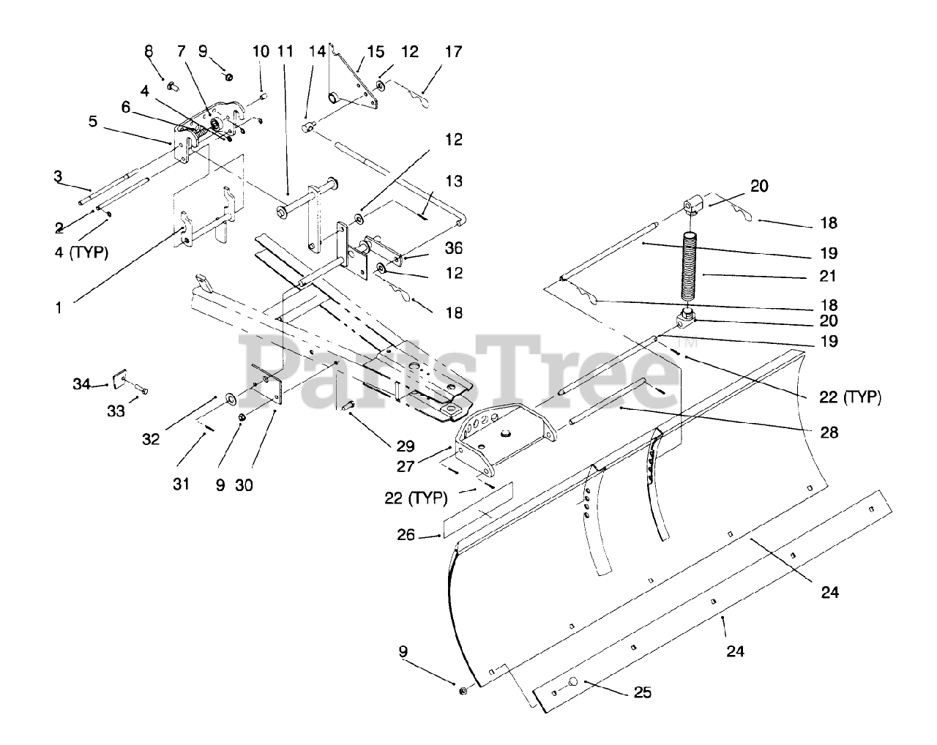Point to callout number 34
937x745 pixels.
81,383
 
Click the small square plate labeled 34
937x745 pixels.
118,381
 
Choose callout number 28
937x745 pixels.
829,432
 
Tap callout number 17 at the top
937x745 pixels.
454,52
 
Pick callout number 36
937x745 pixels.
454,248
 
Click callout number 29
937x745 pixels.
405,446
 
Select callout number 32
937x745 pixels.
151,440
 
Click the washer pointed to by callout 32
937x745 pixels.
230,398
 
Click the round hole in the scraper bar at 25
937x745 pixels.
573,683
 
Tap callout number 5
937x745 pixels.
93,121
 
